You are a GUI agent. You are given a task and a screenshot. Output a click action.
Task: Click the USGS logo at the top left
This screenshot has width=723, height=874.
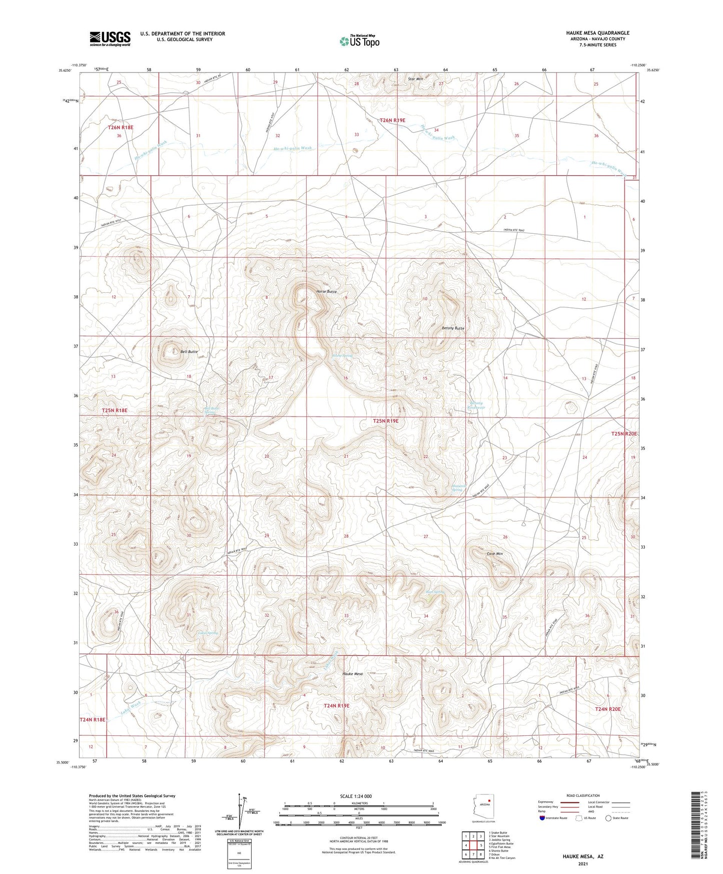tap(110, 38)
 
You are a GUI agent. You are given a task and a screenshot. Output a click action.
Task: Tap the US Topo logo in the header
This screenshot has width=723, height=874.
tap(359, 41)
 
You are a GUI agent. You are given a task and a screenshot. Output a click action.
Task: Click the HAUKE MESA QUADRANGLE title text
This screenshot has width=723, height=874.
tap(595, 33)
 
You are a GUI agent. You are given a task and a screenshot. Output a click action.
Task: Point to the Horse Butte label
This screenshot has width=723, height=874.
tap(326, 291)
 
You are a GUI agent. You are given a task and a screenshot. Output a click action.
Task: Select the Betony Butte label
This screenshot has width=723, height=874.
tap(453, 328)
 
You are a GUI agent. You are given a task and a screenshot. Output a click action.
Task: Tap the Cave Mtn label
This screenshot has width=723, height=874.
tap(494, 554)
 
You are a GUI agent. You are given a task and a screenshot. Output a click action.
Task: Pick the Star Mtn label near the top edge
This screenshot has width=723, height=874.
tap(416, 79)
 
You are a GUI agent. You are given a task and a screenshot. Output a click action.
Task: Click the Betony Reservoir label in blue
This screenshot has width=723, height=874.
tap(476, 405)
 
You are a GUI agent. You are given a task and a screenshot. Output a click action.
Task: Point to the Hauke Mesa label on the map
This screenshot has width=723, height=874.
tap(352, 674)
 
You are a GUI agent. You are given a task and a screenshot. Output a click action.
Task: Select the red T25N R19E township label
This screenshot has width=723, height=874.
tap(385, 421)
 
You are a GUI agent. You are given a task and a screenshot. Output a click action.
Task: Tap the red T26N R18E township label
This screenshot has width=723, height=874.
tap(121, 128)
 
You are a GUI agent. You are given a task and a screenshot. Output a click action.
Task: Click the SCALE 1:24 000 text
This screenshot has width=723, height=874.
tap(356, 796)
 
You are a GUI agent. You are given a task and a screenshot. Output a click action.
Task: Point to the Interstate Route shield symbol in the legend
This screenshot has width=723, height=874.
tap(542, 818)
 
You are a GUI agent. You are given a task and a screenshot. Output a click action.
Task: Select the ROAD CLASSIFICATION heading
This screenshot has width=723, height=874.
tap(582, 795)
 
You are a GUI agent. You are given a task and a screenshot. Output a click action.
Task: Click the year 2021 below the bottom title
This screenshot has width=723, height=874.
tap(582, 863)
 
